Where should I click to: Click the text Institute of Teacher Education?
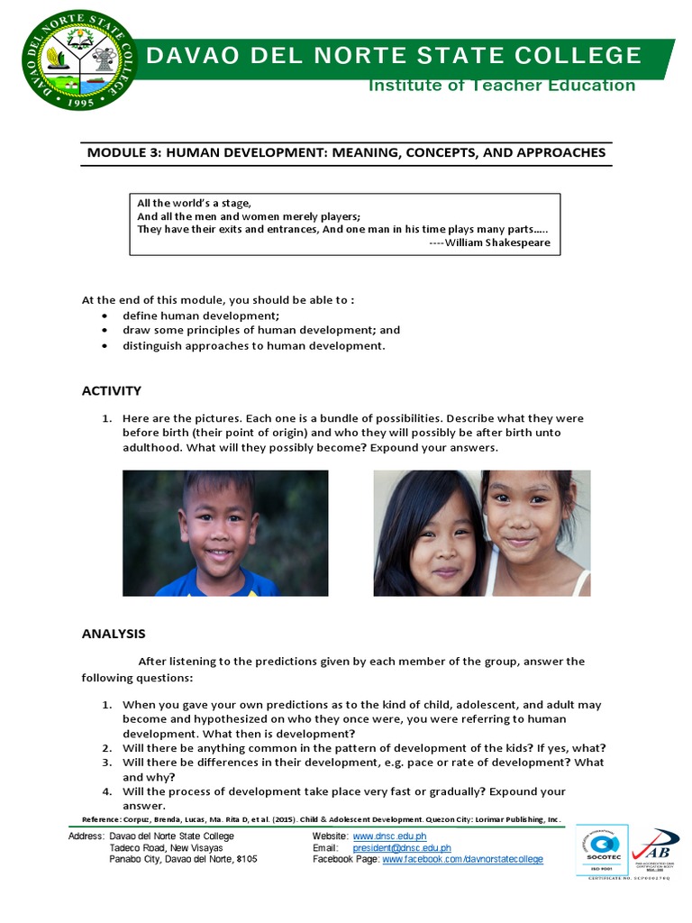(x=501, y=86)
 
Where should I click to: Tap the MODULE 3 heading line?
(x=346, y=152)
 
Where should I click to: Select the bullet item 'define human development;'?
(x=201, y=315)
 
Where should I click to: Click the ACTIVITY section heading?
(x=112, y=390)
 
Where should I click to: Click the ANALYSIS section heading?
(x=114, y=634)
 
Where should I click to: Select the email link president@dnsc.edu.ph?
(x=402, y=848)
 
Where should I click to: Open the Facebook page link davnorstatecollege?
(x=462, y=860)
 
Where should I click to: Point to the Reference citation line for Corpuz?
(x=321, y=819)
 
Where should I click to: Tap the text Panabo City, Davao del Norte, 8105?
(x=183, y=860)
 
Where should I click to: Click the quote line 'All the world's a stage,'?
(x=194, y=203)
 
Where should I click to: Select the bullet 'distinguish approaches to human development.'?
(x=253, y=345)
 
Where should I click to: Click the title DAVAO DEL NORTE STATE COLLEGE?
(x=394, y=56)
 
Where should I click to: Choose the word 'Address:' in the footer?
(x=86, y=836)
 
